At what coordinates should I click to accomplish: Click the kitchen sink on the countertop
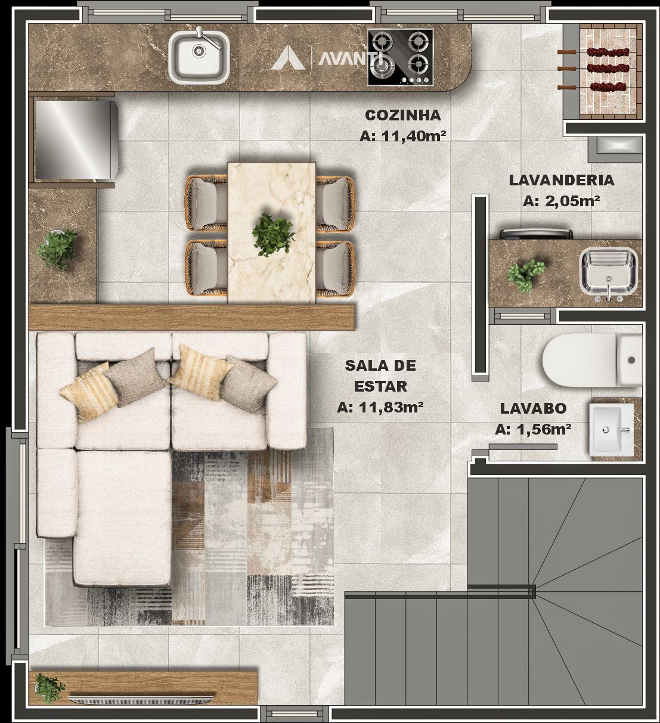pyautogui.click(x=199, y=55)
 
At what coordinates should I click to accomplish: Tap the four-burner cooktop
pyautogui.click(x=400, y=57)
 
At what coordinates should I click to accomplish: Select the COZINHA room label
pyautogui.click(x=403, y=115)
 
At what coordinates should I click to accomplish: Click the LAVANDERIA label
pyautogui.click(x=562, y=180)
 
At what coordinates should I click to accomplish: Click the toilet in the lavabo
pyautogui.click(x=592, y=359)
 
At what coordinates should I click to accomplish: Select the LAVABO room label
pyautogui.click(x=533, y=408)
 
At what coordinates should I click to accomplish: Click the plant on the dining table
pyautogui.click(x=273, y=234)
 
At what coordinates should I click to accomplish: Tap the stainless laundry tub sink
pyautogui.click(x=608, y=273)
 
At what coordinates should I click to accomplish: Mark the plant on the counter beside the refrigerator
pyautogui.click(x=57, y=249)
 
